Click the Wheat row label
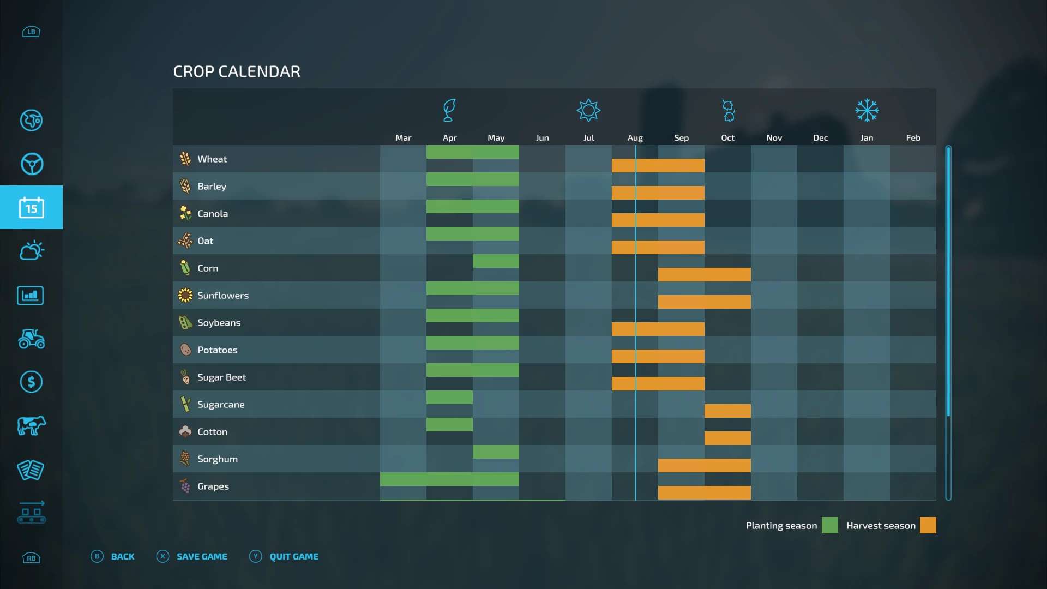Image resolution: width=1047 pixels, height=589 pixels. [212, 159]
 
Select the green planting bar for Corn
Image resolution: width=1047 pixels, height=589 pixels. [496, 261]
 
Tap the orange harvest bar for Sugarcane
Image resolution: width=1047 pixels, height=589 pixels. [727, 411]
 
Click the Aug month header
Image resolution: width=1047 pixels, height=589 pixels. [635, 138]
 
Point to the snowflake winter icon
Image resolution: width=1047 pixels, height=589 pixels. [867, 111]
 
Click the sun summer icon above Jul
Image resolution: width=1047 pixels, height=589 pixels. [588, 111]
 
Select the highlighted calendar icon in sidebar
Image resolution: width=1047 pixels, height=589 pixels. [31, 208]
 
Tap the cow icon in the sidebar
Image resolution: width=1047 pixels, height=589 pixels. [31, 426]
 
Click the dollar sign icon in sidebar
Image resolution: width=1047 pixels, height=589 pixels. [31, 382]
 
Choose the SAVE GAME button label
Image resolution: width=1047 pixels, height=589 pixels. [202, 557]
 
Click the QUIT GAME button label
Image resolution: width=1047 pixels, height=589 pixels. [294, 557]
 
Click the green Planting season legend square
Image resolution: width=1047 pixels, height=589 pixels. [829, 526]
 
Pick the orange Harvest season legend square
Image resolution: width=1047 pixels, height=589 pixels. [928, 526]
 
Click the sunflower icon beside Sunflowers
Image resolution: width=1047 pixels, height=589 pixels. [185, 296]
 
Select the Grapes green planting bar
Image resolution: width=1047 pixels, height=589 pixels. [449, 479]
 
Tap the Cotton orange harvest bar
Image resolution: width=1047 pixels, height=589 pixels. [727, 438]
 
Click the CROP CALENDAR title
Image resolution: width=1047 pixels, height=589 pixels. [237, 72]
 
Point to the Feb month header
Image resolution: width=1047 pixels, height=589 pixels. [913, 138]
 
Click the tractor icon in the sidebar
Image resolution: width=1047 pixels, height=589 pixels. [31, 339]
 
